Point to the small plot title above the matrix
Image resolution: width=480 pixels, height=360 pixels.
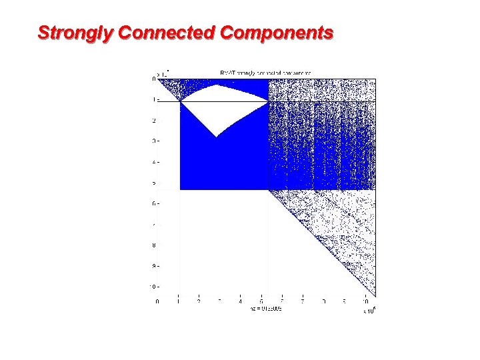tap(265, 72)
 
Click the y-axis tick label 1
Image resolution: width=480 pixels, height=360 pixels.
tap(153, 100)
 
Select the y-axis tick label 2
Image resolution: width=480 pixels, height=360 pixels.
tap(153, 121)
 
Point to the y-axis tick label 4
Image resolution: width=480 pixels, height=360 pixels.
tap(153, 162)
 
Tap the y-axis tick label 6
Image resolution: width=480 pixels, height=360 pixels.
tap(153, 204)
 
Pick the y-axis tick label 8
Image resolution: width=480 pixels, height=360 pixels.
tap(153, 245)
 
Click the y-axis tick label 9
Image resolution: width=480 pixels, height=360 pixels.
tap(153, 266)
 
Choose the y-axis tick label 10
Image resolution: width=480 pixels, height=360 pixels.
tap(152, 287)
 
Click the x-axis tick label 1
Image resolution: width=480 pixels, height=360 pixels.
tap(178, 301)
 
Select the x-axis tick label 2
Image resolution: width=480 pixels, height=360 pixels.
tap(199, 301)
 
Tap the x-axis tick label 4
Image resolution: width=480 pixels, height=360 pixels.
tap(241, 301)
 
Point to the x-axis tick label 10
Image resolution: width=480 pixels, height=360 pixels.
tap(365, 301)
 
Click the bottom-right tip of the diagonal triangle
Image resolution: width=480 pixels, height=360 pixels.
tap(374, 295)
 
